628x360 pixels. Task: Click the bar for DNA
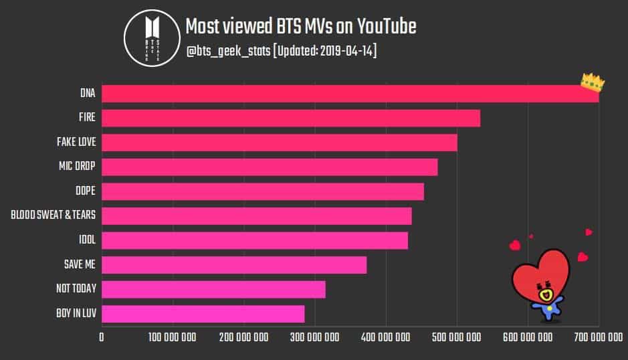pos(348,93)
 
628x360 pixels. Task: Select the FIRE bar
pos(291,118)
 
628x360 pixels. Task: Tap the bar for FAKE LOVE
pos(280,142)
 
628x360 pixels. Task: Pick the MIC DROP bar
pos(270,167)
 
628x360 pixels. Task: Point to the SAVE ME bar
pos(234,265)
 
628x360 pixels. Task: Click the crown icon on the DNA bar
pos(593,83)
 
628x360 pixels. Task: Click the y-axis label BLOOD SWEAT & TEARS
pos(53,215)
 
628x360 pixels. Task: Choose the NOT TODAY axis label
pos(76,289)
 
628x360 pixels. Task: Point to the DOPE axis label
pos(85,191)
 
